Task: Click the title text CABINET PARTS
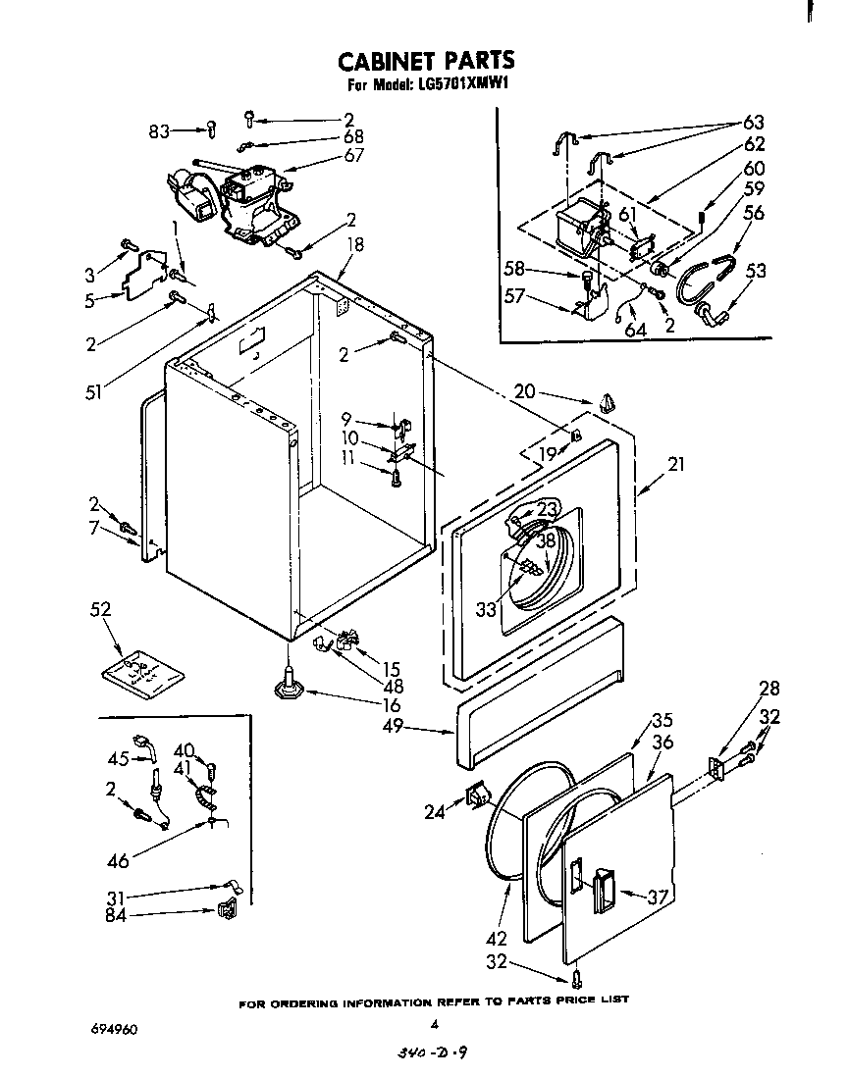click(x=425, y=62)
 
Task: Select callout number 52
click(x=100, y=609)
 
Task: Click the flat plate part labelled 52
click(x=142, y=674)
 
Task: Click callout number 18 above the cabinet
click(x=354, y=244)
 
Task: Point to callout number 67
click(x=353, y=155)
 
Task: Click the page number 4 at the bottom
click(x=433, y=1024)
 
